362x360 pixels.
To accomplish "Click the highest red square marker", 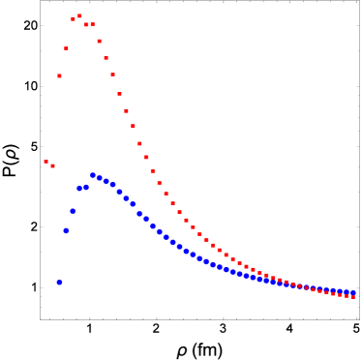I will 79,16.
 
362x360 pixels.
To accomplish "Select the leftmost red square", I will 45,162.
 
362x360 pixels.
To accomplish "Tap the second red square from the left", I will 52,165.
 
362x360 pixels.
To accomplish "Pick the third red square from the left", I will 59,75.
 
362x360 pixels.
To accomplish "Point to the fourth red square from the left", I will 66,47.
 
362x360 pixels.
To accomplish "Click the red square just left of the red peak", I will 73,18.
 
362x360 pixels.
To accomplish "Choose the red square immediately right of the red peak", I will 86,24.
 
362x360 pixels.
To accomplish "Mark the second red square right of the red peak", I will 93,24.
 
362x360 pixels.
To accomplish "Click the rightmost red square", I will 353,297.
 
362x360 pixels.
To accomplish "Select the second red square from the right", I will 347,296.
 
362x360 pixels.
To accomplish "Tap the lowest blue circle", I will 59,283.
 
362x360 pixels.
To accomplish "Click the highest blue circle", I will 93,175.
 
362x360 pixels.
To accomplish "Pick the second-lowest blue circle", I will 66,230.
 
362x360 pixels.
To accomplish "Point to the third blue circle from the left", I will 73,211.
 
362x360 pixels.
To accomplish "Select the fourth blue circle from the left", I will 79,188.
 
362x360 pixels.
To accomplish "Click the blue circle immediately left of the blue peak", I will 86,187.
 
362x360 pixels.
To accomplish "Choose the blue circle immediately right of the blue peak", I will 100,178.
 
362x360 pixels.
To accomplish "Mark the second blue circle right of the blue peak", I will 106,181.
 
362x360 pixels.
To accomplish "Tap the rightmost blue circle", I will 353,292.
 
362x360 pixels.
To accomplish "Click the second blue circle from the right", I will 347,291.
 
